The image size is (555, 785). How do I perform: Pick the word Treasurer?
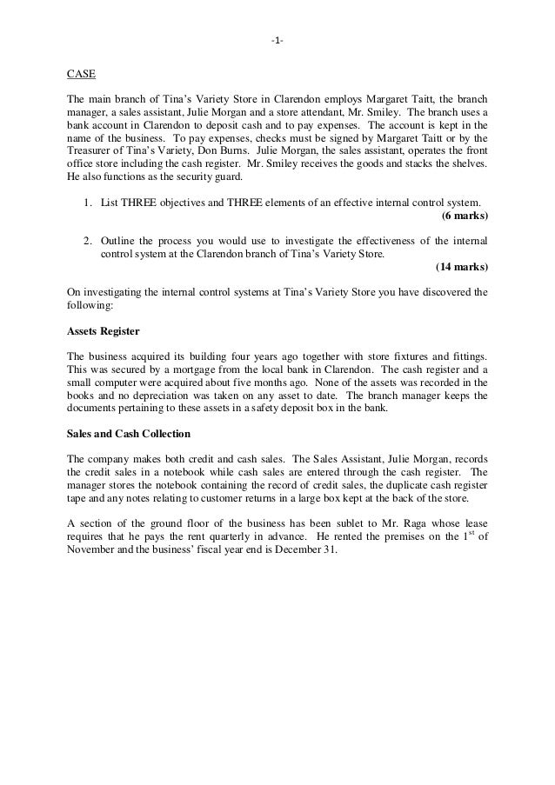click(x=91, y=150)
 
